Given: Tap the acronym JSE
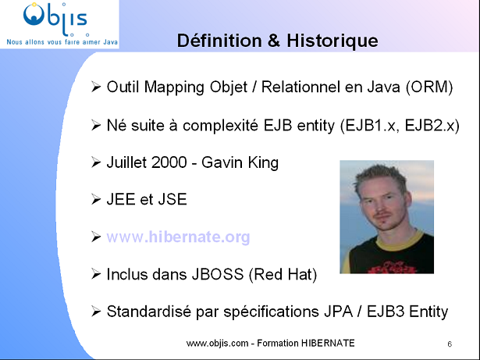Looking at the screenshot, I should pyautogui.click(x=172, y=199).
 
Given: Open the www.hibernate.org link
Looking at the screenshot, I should pyautogui.click(x=178, y=237).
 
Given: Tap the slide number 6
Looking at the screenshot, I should pyautogui.click(x=450, y=344).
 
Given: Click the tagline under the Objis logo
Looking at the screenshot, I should pyautogui.click(x=59, y=38).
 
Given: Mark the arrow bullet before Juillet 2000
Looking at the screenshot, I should pyautogui.click(x=96, y=162).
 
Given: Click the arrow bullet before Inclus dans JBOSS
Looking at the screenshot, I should pyautogui.click(x=96, y=274).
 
